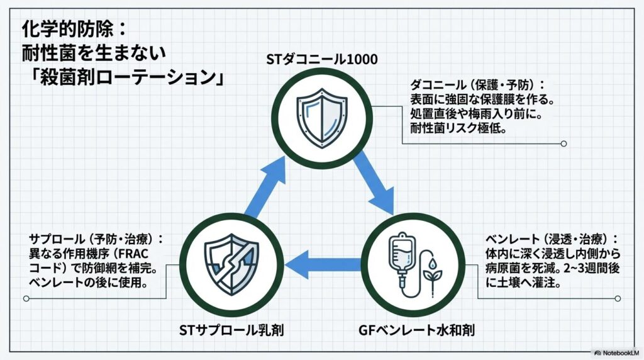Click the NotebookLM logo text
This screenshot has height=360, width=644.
click(619, 353)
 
